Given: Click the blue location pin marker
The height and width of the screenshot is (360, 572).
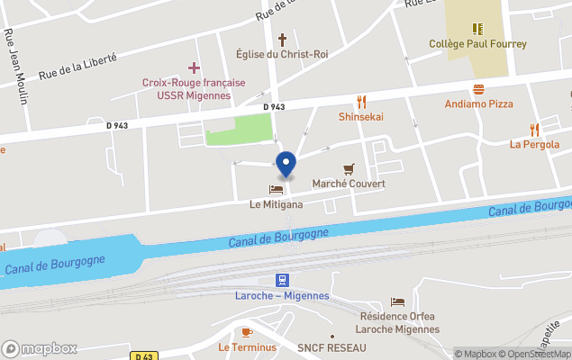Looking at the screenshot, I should point(286,164).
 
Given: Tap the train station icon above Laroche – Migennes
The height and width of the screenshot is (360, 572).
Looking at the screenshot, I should point(282,280).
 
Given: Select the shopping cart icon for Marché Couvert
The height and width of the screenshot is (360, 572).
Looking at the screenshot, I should point(349,168).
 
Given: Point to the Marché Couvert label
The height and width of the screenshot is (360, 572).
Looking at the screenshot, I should point(348,184).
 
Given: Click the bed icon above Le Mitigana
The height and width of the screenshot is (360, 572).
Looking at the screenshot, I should point(276,189).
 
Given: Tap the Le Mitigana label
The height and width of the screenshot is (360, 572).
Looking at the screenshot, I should point(276,204).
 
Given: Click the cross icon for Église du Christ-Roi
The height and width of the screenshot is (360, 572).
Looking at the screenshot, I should point(282,40).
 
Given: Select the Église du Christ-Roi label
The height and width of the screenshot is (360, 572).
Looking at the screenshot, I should point(282,54).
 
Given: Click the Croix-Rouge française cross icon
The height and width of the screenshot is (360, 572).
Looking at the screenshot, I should point(194,67).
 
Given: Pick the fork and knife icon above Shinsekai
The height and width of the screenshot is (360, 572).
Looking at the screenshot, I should point(361,102).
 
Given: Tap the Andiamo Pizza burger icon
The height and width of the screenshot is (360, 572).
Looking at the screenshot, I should point(478,89).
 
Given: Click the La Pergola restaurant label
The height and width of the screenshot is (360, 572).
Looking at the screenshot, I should point(534,144).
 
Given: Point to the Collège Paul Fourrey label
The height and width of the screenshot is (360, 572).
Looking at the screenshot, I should point(477,43).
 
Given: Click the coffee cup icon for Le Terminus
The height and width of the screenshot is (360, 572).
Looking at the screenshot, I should point(247,332).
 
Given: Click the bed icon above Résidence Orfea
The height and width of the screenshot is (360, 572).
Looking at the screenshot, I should point(397,301).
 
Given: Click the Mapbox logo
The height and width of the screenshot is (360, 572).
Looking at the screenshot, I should point(39,348).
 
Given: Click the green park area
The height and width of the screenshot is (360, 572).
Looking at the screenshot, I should point(239,130).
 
